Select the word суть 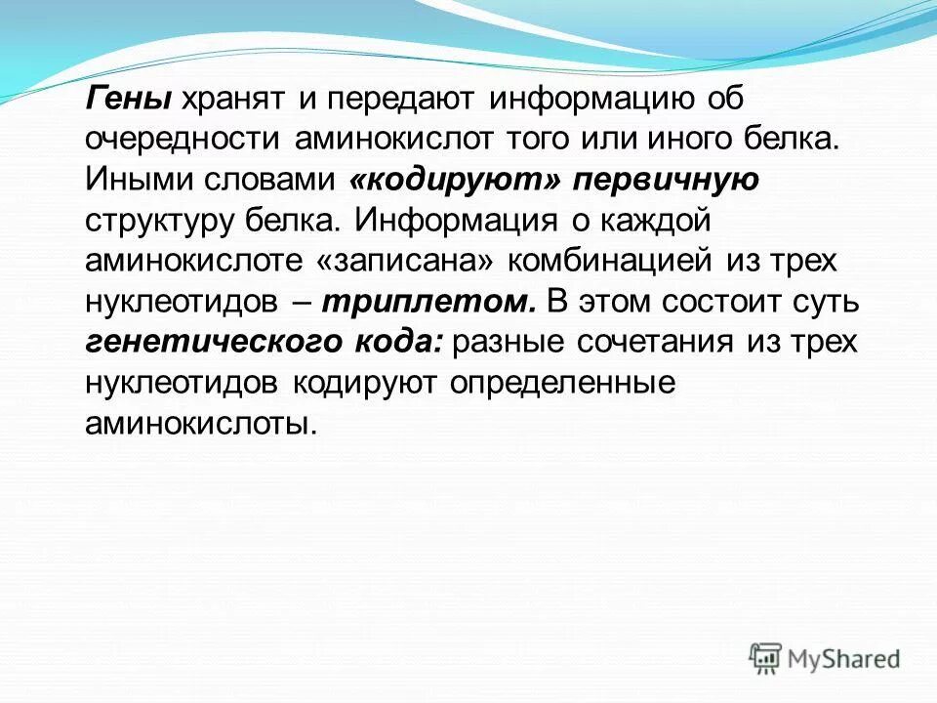[x=827, y=302]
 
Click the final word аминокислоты [x=201, y=425]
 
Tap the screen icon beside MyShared [x=766, y=658]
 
